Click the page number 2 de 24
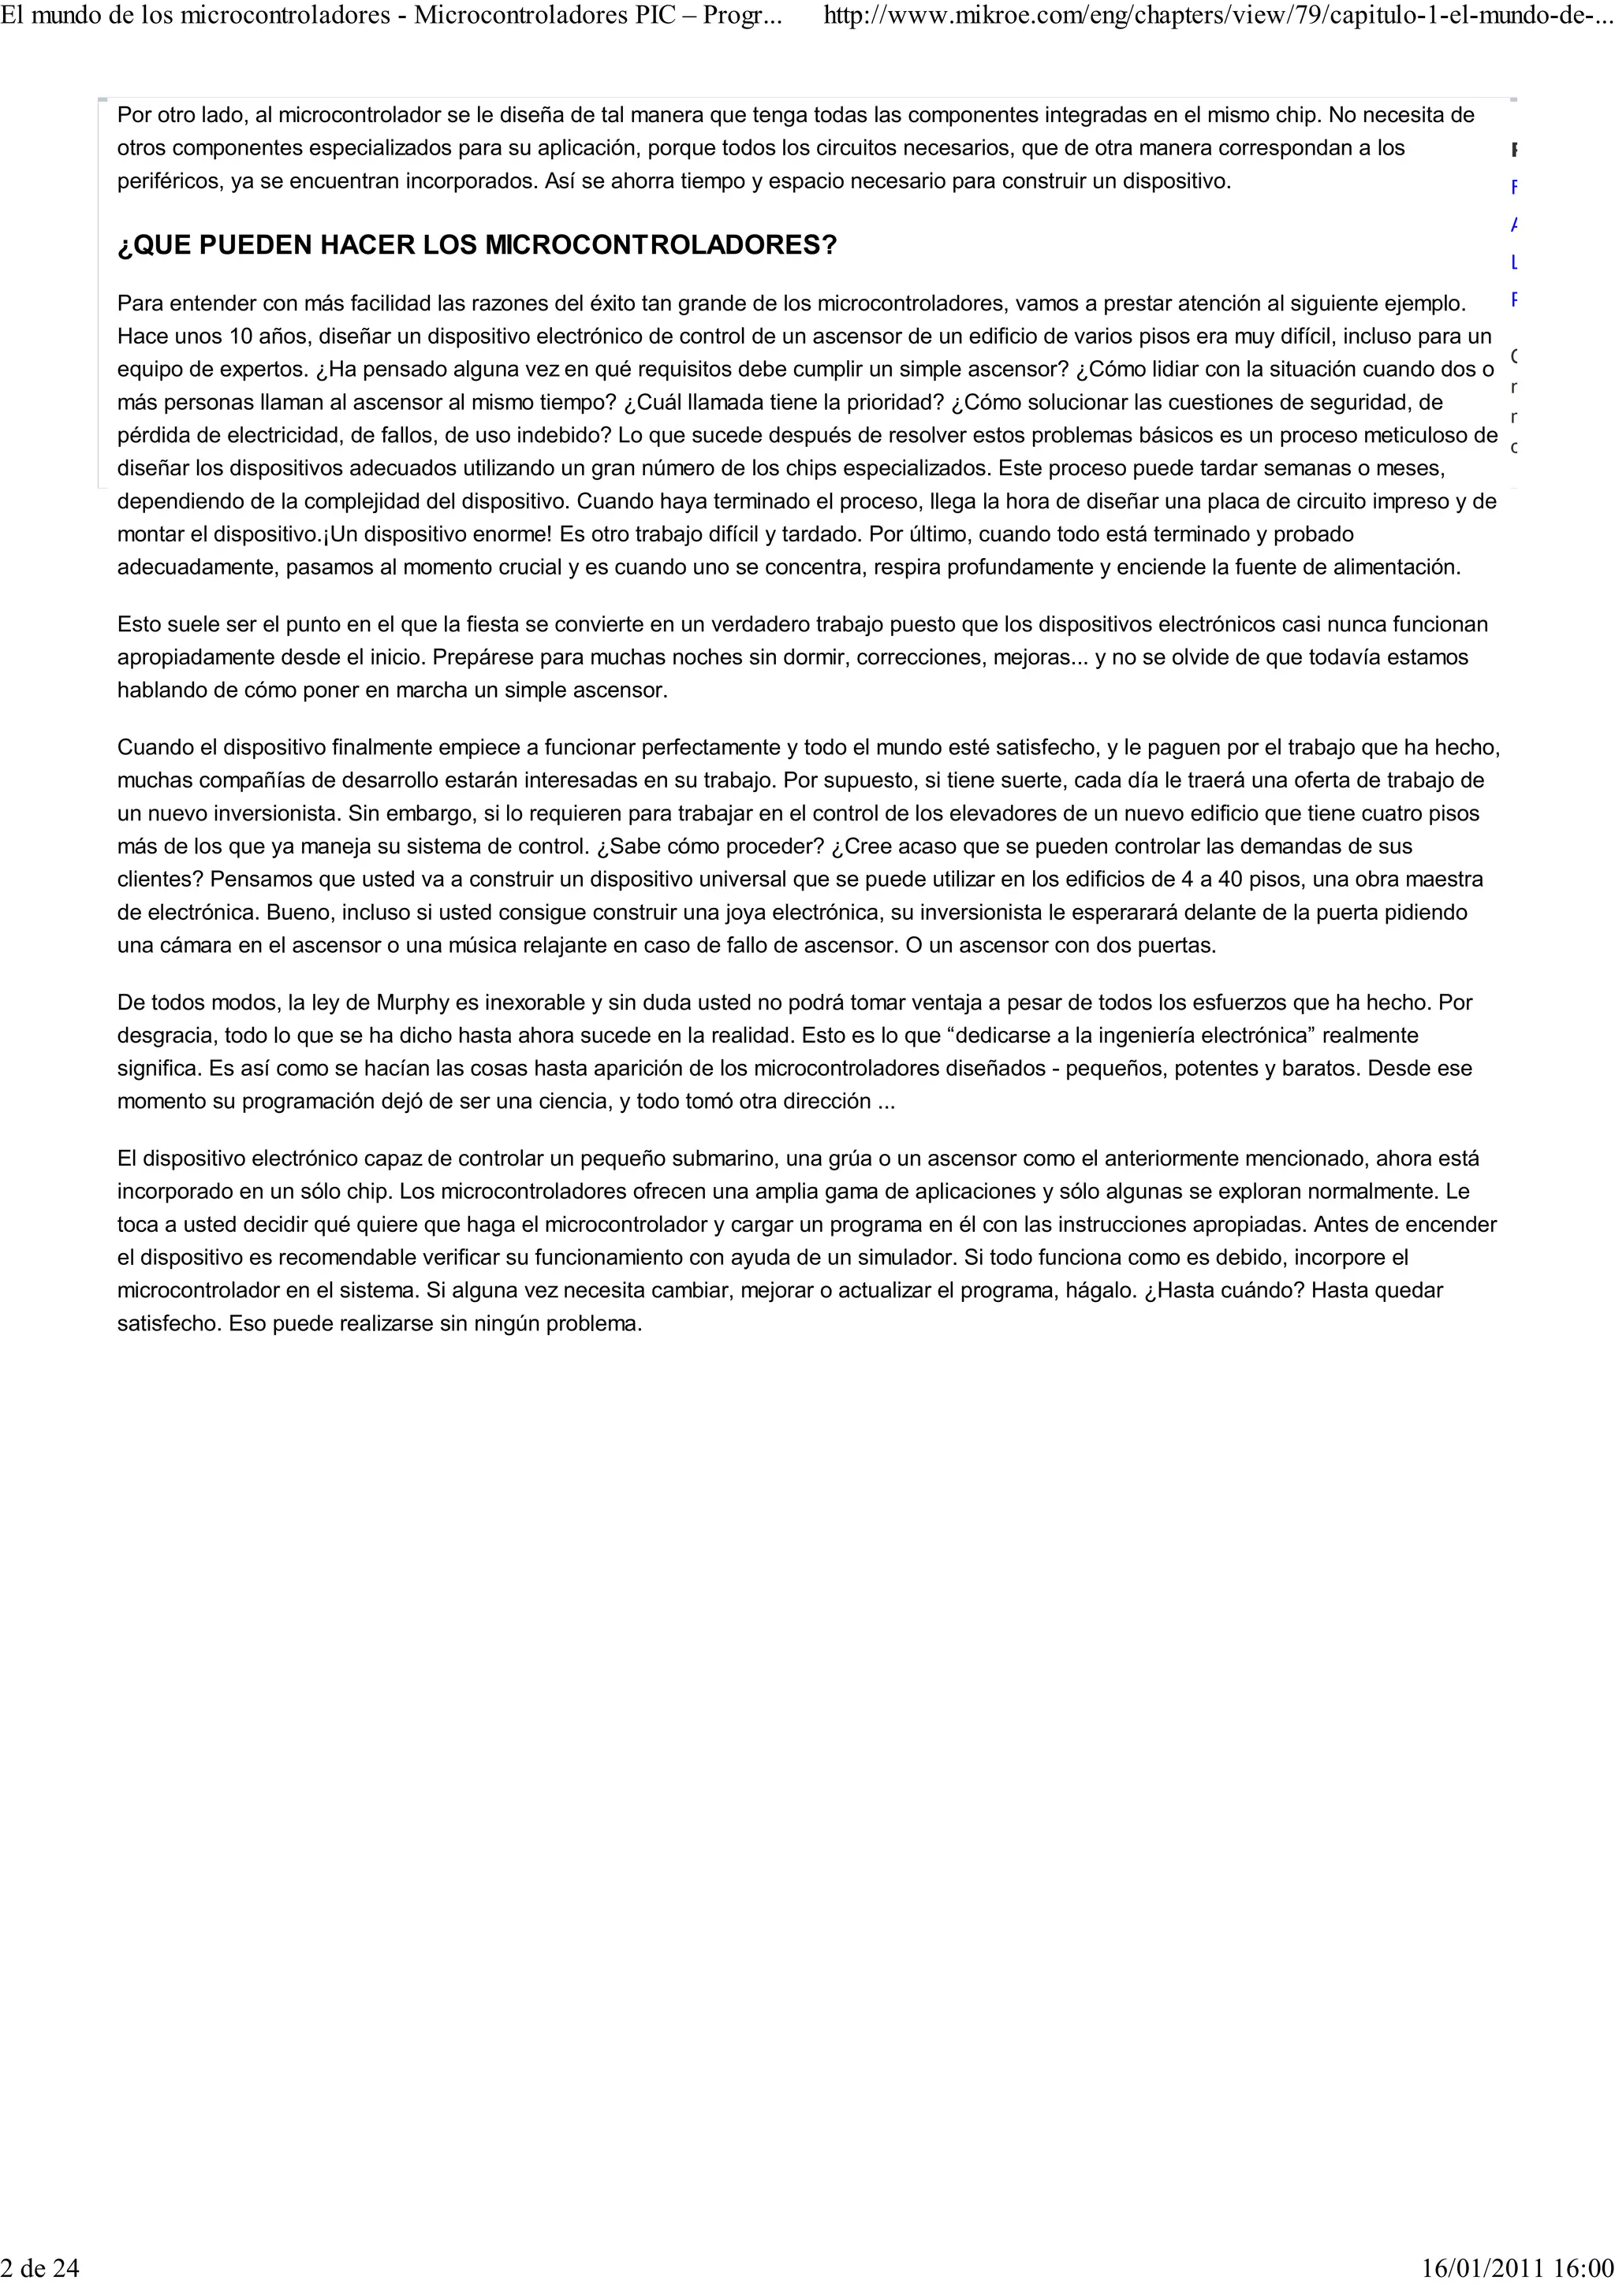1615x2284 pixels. point(39,2268)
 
